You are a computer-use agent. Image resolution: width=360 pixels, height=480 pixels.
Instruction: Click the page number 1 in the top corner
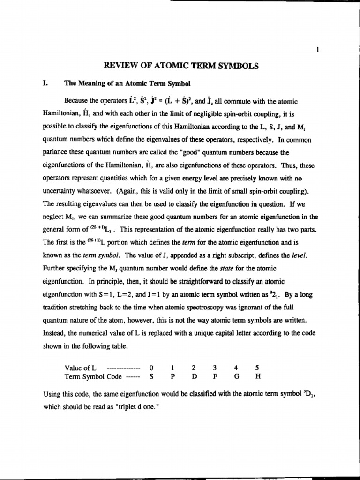tap(318, 51)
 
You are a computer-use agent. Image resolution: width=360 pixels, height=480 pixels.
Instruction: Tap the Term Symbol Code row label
tap(93, 376)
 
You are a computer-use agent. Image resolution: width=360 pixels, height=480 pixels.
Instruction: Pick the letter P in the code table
tap(172, 376)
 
